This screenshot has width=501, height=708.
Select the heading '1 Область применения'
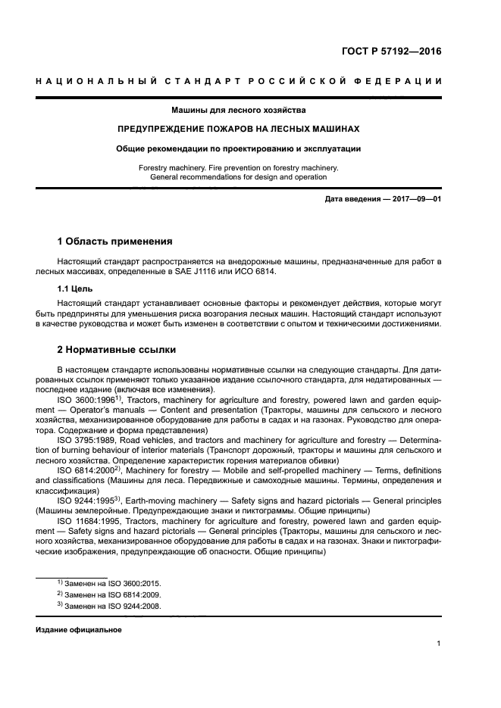click(114, 242)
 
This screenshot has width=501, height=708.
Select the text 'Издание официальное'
click(79, 630)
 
